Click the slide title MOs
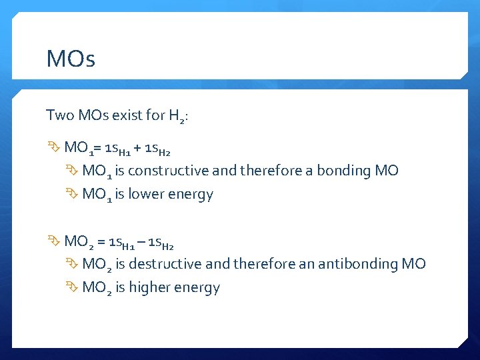71,59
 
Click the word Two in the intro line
59,115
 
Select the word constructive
165,171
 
